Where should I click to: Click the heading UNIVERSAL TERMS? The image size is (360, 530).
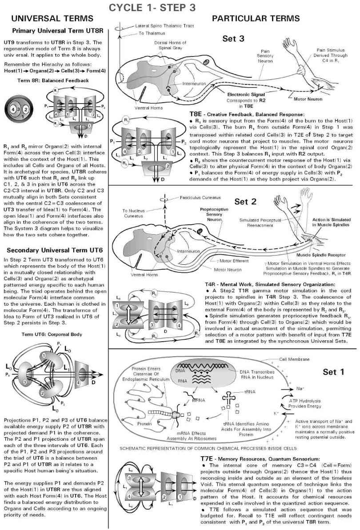(52, 19)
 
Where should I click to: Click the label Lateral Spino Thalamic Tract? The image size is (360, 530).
(164, 25)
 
